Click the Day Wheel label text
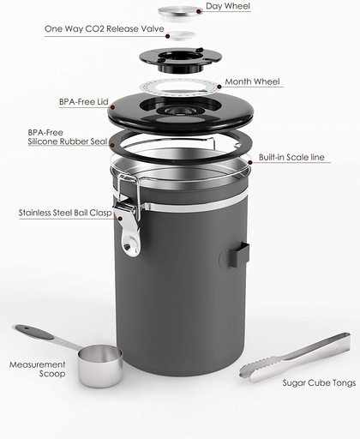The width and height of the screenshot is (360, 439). [x=228, y=6]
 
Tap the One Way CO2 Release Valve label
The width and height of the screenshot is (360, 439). [x=105, y=29]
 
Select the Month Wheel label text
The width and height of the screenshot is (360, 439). [x=252, y=81]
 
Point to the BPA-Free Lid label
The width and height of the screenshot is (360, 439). [x=84, y=102]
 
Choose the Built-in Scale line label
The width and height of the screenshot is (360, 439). [x=291, y=157]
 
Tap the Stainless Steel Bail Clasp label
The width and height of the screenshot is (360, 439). [x=65, y=213]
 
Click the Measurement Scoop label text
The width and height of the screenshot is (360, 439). [x=38, y=369]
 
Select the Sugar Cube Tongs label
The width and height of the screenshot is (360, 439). [x=319, y=382]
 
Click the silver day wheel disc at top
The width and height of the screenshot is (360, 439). [x=177, y=11]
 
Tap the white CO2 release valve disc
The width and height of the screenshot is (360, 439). [x=182, y=35]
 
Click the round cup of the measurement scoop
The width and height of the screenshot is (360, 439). [x=100, y=365]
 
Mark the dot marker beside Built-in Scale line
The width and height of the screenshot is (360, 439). [x=250, y=162]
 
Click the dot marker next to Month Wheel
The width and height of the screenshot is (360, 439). [x=219, y=87]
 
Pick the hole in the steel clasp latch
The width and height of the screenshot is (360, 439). [x=130, y=245]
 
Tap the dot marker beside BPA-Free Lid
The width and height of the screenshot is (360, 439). [x=112, y=107]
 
